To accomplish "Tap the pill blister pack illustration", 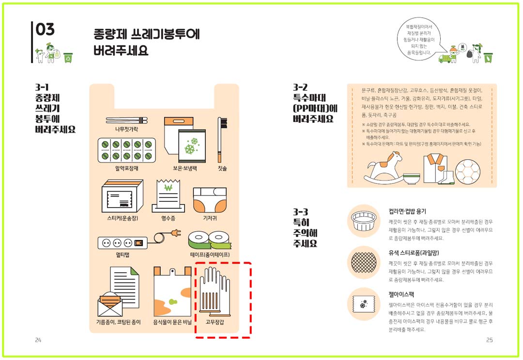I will pos(126,150).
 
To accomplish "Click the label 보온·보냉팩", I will pos(185,168).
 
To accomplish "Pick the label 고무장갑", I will pos(215,322).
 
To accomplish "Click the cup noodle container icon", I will pos(366,221).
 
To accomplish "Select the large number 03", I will pos(45,30).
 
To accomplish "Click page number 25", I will pos(489,340).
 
